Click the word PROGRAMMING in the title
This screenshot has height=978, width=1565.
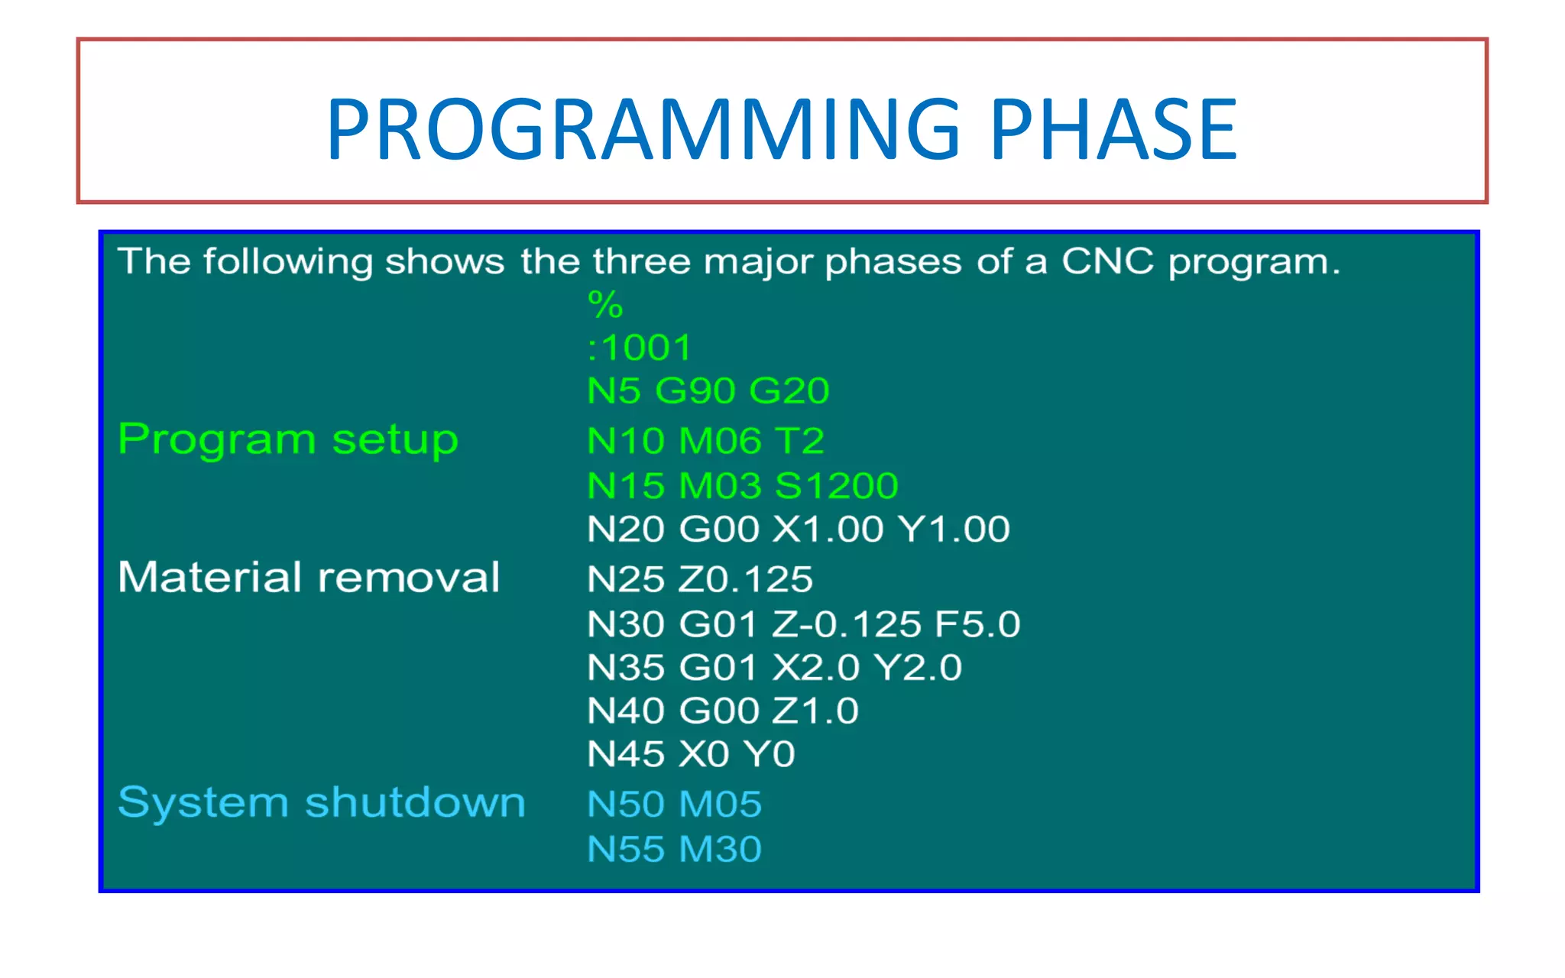[643, 129]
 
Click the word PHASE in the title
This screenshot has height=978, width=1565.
[1113, 129]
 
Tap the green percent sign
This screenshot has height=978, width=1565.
[605, 305]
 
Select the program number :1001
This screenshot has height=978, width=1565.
[640, 348]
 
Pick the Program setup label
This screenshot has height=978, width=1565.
[288, 441]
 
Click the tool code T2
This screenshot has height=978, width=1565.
[799, 441]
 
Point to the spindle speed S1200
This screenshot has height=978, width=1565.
[836, 485]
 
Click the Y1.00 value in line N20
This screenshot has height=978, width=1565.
[954, 529]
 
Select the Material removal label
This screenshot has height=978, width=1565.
[309, 577]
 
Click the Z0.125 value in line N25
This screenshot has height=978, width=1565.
[746, 578]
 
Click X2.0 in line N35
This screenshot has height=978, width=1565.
[816, 667]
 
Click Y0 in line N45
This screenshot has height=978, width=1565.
[770, 754]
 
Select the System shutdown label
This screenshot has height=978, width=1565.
[322, 803]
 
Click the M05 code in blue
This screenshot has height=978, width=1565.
[721, 804]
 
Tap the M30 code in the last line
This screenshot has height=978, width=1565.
[721, 849]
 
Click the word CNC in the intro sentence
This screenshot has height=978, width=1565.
[1107, 261]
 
